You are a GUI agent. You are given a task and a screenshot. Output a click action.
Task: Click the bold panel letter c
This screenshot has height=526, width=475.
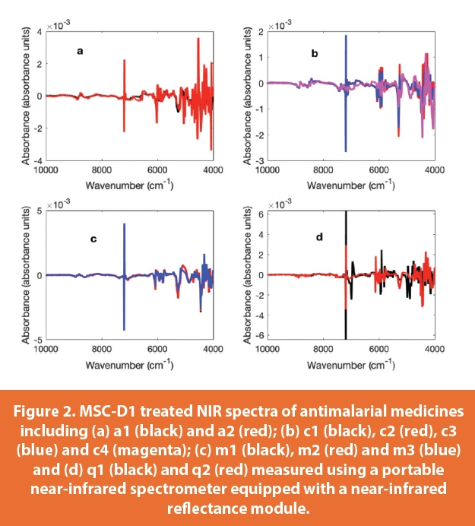coord(93,239)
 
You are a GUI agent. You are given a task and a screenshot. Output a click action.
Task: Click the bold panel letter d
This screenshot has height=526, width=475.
coord(319,237)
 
